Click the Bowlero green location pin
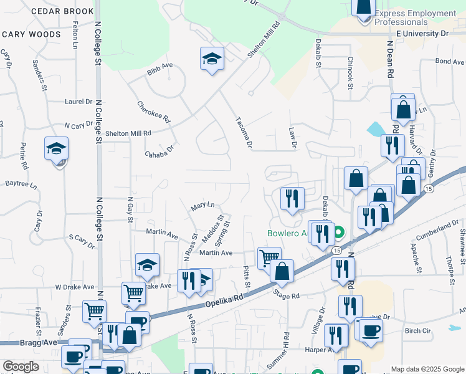coord(339,234)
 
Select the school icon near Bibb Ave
coord(212,59)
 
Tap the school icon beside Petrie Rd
coord(56,150)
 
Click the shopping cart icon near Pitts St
coord(269,257)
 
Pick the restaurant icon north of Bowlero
coord(292,198)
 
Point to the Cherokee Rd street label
coord(154,112)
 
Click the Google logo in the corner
coord(21,367)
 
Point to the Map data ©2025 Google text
coord(427,369)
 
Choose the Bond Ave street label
coord(450,62)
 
